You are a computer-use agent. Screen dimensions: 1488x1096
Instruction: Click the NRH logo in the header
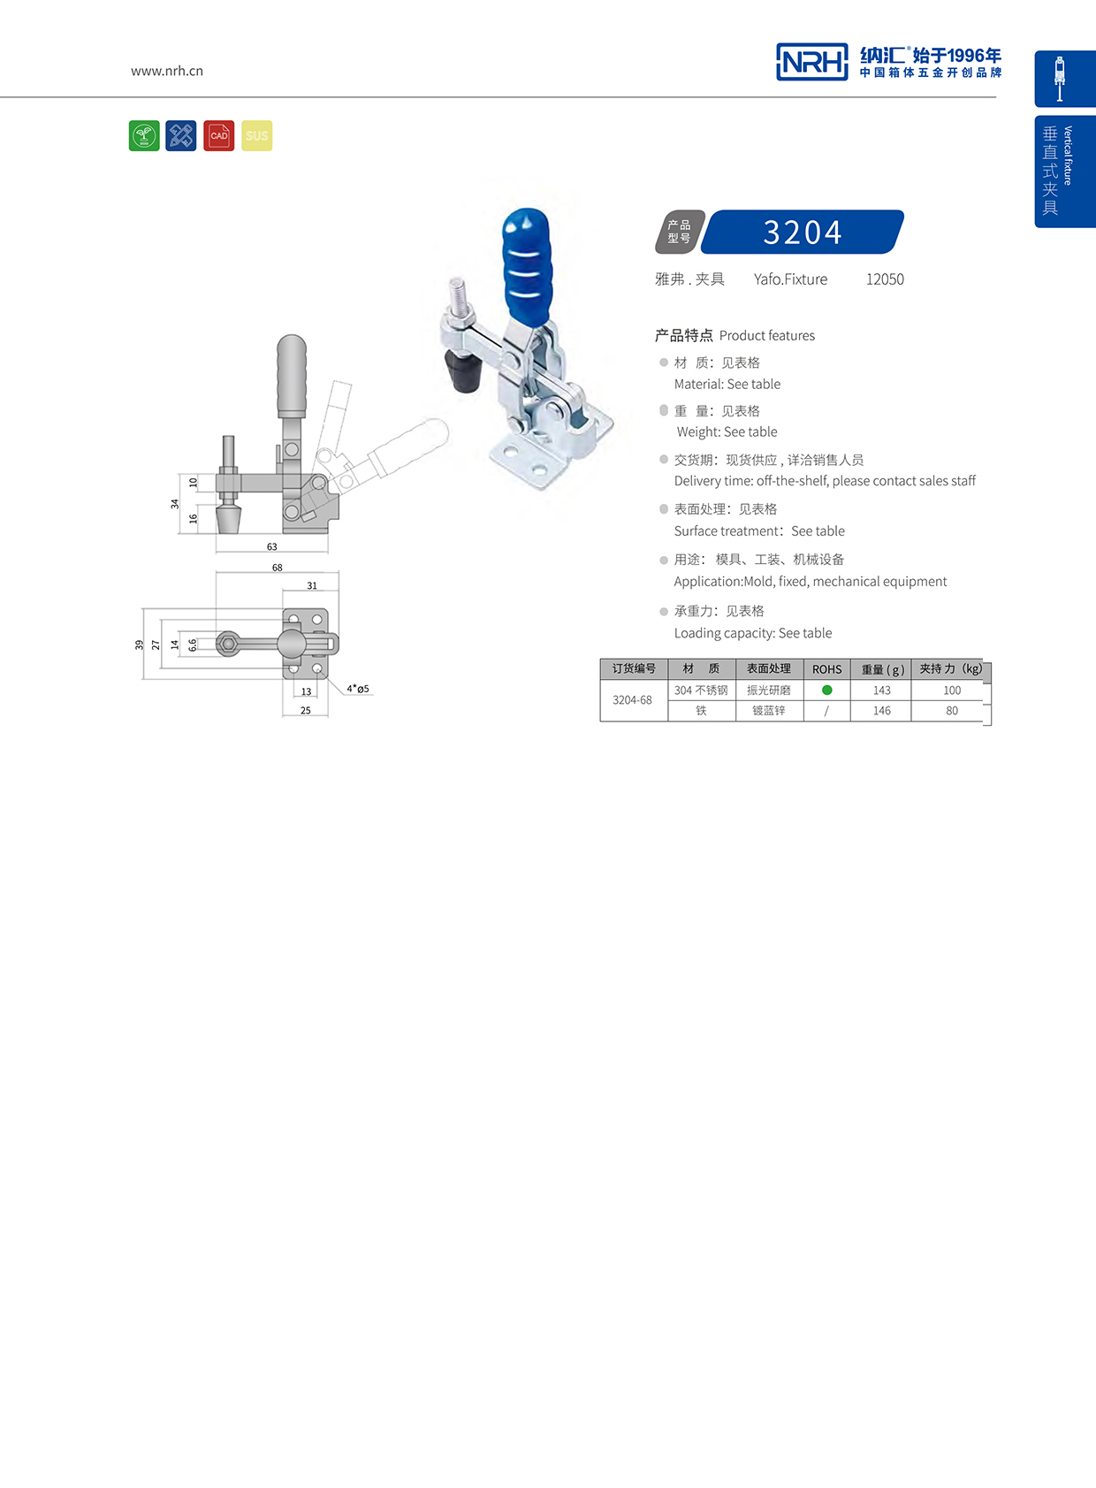point(811,62)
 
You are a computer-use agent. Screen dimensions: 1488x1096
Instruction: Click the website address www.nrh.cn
point(167,71)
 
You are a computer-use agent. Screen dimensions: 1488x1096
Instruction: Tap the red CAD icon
point(218,136)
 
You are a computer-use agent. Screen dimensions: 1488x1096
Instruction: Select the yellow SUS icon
point(256,136)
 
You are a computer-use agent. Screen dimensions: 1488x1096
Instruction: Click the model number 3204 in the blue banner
point(802,233)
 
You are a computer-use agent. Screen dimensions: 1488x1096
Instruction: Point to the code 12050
point(884,279)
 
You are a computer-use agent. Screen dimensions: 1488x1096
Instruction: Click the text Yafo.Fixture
point(790,279)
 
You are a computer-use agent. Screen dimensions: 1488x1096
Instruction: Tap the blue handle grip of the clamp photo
point(526,261)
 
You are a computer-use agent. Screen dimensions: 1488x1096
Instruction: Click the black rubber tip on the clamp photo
point(461,371)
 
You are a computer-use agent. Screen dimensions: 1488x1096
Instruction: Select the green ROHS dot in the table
point(826,690)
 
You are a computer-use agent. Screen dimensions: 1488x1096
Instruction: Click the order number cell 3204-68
point(632,700)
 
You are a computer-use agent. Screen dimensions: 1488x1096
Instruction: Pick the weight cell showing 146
point(881,711)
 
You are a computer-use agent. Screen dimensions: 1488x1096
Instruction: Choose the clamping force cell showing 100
point(951,691)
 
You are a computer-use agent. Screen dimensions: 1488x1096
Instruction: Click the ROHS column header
point(826,669)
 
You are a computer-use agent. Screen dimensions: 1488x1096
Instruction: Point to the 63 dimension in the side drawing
point(271,546)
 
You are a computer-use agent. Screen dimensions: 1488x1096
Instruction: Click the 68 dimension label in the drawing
point(277,568)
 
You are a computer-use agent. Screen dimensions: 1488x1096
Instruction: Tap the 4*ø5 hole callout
point(358,689)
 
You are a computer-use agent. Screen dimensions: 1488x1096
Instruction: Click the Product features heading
point(734,336)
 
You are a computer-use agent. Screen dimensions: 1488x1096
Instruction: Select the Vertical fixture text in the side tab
point(1068,156)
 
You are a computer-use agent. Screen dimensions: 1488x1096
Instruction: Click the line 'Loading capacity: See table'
point(752,633)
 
